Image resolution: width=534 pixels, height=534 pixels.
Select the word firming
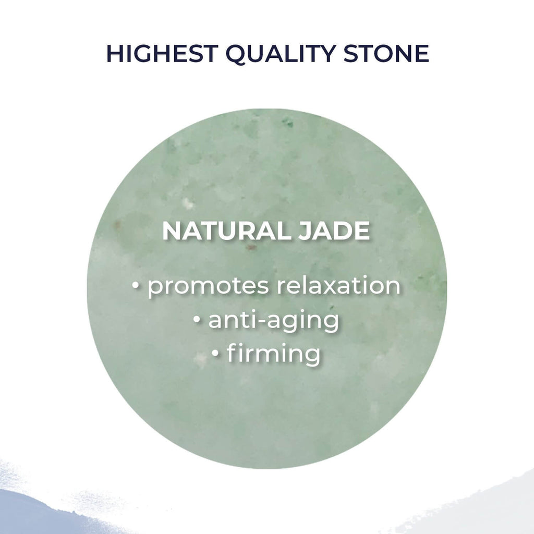273,354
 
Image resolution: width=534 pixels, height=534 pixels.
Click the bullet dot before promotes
137,286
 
